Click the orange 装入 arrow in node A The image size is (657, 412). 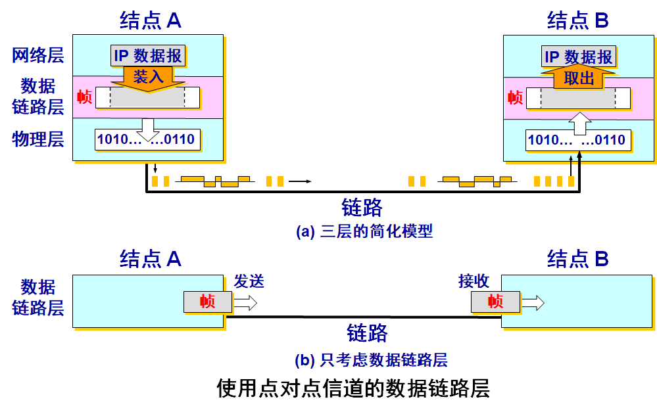[148, 76]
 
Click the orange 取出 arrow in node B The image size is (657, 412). [579, 78]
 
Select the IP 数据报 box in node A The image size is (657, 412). [148, 56]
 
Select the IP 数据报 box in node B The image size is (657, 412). [579, 57]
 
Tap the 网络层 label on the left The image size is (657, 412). [38, 55]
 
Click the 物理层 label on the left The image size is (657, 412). [38, 139]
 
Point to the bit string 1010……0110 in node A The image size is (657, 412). [146, 139]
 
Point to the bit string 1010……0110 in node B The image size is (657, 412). [577, 140]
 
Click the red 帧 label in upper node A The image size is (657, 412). [84, 97]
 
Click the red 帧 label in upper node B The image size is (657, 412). [516, 99]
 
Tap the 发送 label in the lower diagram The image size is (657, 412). [249, 281]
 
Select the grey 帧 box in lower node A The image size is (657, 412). [208, 302]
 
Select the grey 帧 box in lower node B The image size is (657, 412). [495, 302]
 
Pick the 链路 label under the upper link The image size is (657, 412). [362, 207]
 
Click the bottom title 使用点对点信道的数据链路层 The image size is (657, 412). [353, 388]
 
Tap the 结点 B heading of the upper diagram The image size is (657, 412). [578, 21]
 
